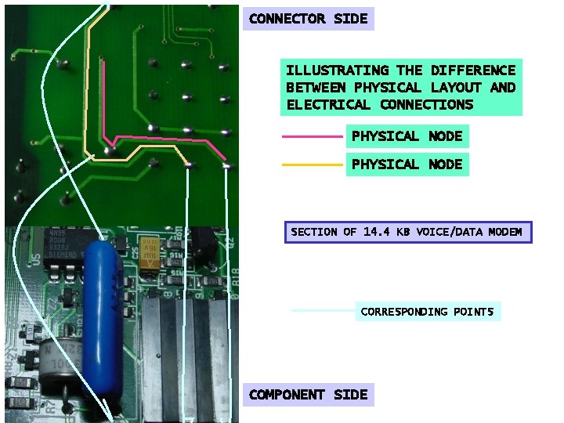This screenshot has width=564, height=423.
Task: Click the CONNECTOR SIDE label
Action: coord(308,19)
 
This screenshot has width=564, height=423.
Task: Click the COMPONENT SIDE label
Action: coord(308,395)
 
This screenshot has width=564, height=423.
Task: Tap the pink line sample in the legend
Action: coord(312,136)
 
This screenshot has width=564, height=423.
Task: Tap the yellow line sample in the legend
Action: coord(312,164)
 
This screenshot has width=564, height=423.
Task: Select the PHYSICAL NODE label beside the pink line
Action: coord(407,136)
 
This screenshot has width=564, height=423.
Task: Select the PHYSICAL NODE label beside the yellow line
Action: coord(407,164)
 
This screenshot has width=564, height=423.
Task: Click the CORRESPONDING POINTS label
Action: coord(427,312)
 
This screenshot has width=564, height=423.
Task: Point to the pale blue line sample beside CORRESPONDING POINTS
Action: coord(322,311)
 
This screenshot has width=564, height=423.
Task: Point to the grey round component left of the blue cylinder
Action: coord(59,365)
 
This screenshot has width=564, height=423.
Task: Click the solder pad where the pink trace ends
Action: coord(226,165)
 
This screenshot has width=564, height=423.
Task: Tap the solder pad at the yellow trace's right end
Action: coord(188,164)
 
